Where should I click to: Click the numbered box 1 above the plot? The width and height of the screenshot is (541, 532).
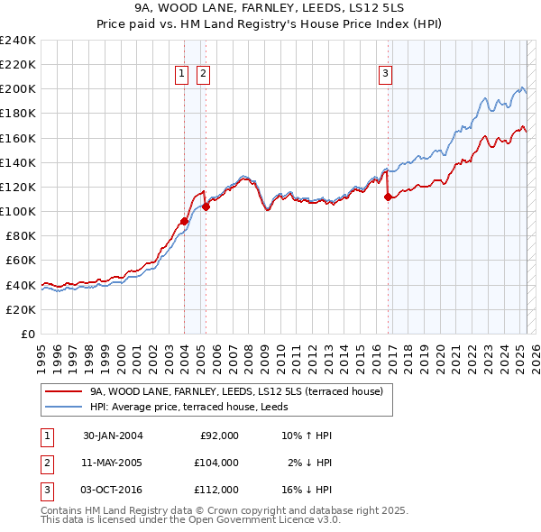point(181,74)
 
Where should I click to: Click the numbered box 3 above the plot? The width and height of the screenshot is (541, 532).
point(385,74)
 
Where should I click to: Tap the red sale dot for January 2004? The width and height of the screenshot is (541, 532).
point(184,221)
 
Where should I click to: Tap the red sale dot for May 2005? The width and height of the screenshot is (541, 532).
point(206,206)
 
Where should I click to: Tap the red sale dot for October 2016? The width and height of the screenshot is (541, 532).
point(388,197)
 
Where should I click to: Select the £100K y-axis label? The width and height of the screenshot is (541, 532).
point(18,211)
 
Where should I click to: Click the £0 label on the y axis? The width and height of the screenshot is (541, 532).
point(29,334)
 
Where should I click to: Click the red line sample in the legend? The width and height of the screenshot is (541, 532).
point(62,391)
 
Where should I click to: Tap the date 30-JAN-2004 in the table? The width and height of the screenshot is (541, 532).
point(113,436)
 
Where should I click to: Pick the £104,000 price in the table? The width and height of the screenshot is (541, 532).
point(217,463)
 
